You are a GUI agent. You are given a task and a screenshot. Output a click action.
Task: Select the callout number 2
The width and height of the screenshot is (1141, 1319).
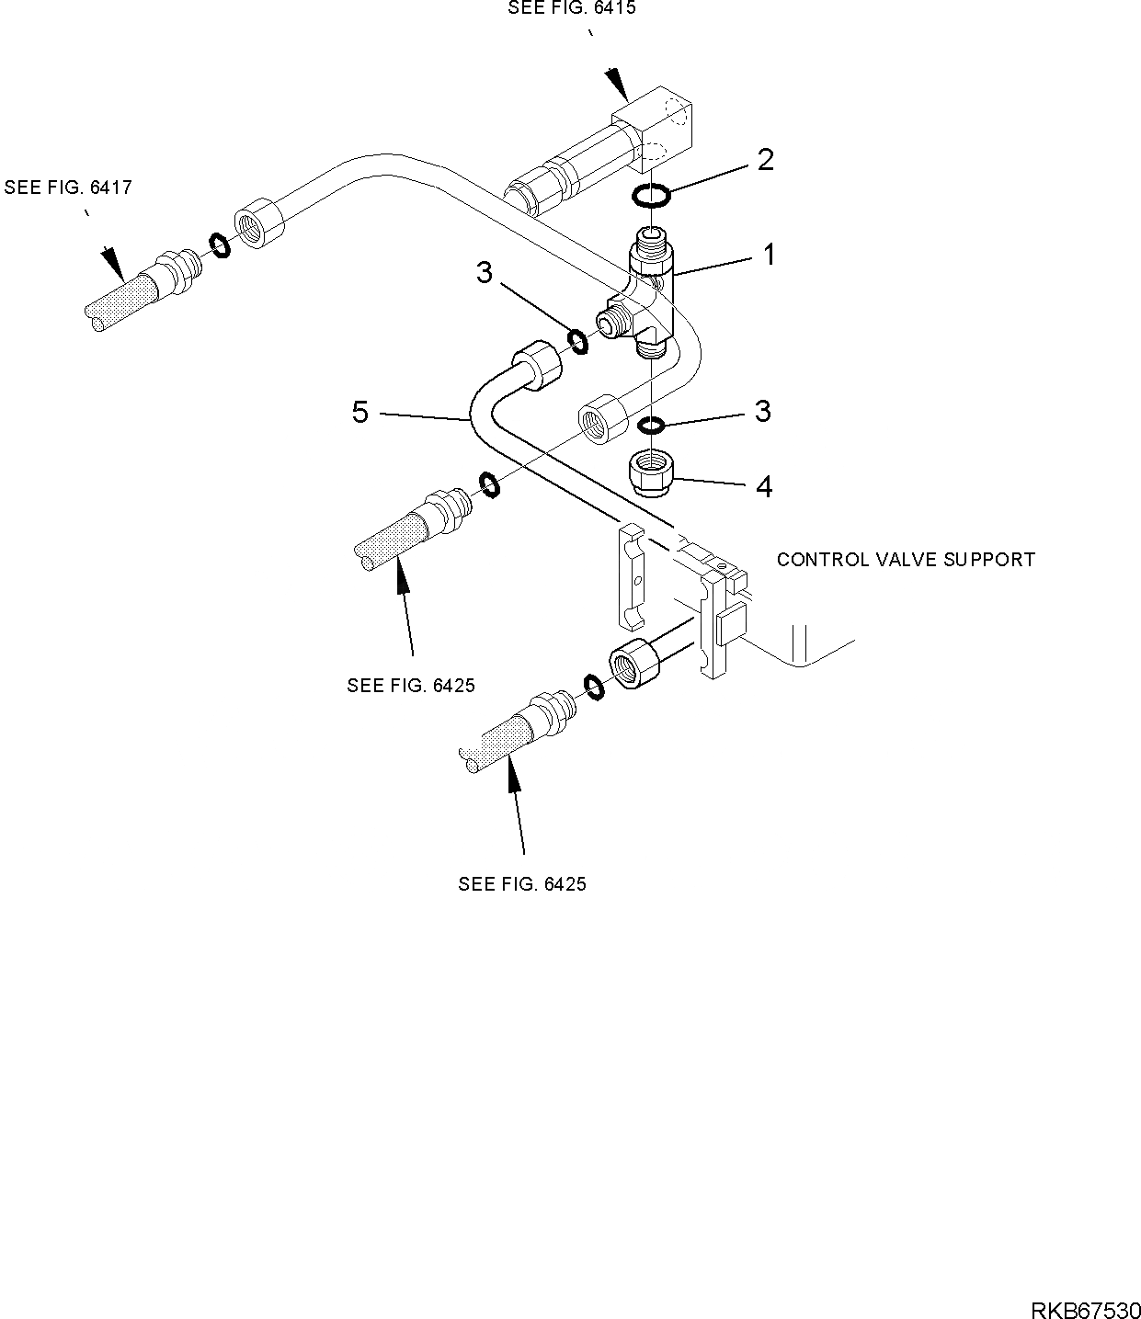click(x=765, y=160)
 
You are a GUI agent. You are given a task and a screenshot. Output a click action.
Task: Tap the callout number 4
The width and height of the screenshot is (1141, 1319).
click(x=764, y=486)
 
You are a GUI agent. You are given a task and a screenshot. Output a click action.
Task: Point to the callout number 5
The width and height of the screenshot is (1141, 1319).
click(x=360, y=413)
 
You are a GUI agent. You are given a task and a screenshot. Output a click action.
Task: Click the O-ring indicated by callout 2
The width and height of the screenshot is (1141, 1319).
click(x=651, y=195)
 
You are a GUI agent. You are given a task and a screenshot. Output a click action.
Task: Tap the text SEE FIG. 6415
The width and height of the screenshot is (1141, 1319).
click(x=572, y=8)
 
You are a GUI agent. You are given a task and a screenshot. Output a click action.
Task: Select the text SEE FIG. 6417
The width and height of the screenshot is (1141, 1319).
click(x=68, y=188)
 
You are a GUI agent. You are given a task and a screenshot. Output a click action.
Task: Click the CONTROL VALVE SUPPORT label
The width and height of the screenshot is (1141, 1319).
click(x=906, y=560)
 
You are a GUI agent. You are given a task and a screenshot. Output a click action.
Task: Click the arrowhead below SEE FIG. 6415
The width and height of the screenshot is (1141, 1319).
click(x=617, y=85)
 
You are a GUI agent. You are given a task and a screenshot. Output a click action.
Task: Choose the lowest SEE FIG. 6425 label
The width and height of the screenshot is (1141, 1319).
click(x=522, y=884)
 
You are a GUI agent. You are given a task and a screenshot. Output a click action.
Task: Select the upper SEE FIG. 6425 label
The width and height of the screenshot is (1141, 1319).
click(x=411, y=686)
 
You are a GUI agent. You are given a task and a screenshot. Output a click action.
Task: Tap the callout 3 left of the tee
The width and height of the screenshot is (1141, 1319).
click(x=485, y=272)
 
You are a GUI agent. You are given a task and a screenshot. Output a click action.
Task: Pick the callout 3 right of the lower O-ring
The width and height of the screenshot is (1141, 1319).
click(x=762, y=411)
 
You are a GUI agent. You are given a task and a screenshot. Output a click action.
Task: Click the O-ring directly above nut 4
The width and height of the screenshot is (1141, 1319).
click(x=651, y=425)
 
